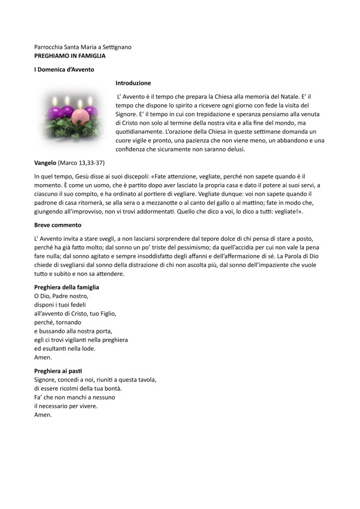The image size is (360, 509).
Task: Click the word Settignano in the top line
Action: pyautogui.click(x=116, y=47)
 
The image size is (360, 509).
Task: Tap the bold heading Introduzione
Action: pyautogui.click(x=133, y=83)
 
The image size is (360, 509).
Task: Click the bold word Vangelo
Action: pyautogui.click(x=46, y=163)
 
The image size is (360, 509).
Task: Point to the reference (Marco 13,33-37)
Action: pyautogui.click(x=82, y=163)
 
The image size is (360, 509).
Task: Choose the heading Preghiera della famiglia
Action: pyautogui.click(x=67, y=287)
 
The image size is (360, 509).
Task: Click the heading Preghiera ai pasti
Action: pyautogui.click(x=58, y=371)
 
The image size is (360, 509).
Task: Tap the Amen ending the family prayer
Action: pyautogui.click(x=43, y=357)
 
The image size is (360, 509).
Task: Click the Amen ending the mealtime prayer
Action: pyautogui.click(x=43, y=415)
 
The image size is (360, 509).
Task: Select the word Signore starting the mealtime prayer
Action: pyautogui.click(x=46, y=380)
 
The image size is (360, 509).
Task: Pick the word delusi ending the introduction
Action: pyautogui.click(x=236, y=150)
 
